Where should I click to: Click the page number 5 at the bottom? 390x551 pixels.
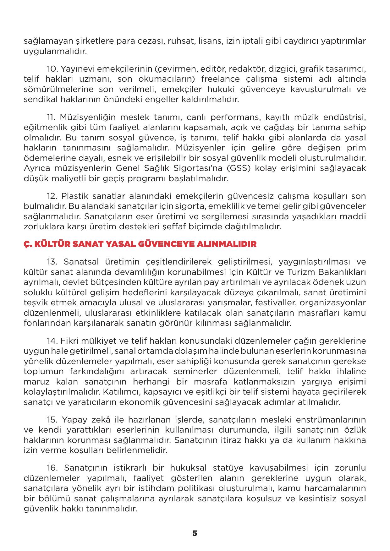(195, 533)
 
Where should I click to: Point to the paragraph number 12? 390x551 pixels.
(52, 196)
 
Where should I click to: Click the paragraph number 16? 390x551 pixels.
(52, 468)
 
